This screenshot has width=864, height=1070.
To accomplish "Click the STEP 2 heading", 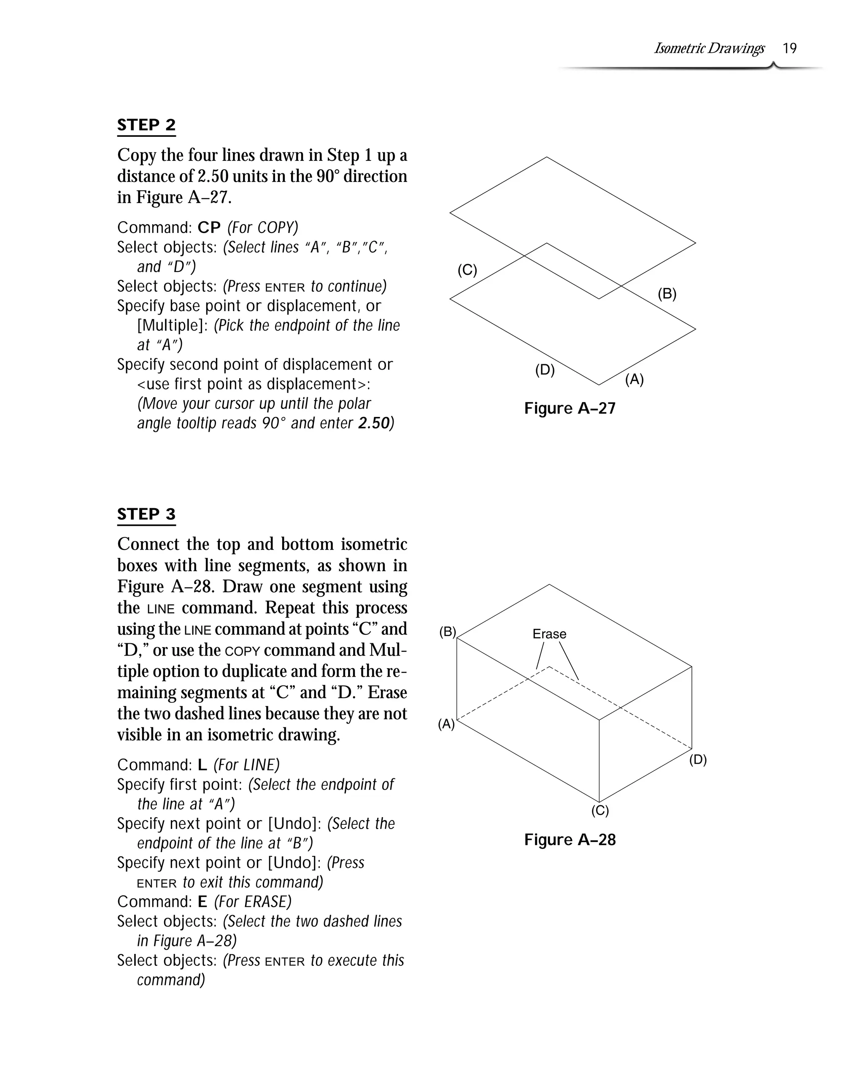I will [146, 125].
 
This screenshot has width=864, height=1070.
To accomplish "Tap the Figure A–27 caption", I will [570, 408].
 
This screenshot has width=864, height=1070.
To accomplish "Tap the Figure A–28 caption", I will [570, 840].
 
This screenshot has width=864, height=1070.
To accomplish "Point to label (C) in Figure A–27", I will [467, 271].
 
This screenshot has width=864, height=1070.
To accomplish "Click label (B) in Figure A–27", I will [667, 294].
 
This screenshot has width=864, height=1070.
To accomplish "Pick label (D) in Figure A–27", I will [545, 370].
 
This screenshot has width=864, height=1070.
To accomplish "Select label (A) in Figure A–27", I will [634, 379].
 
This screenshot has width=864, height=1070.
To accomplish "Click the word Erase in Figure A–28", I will [549, 634].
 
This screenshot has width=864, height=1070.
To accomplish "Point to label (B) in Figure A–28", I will [448, 632].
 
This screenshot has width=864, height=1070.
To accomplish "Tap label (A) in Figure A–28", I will [446, 724].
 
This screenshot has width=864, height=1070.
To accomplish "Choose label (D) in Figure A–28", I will [698, 759].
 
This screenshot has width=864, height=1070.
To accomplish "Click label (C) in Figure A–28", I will [600, 810].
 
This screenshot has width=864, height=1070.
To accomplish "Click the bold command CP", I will [209, 228].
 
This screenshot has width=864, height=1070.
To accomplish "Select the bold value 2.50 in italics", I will [373, 423].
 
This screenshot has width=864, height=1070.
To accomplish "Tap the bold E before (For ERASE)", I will [202, 902].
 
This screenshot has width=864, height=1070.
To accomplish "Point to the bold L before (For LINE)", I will [202, 765].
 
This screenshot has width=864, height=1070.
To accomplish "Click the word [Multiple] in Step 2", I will [172, 325].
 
